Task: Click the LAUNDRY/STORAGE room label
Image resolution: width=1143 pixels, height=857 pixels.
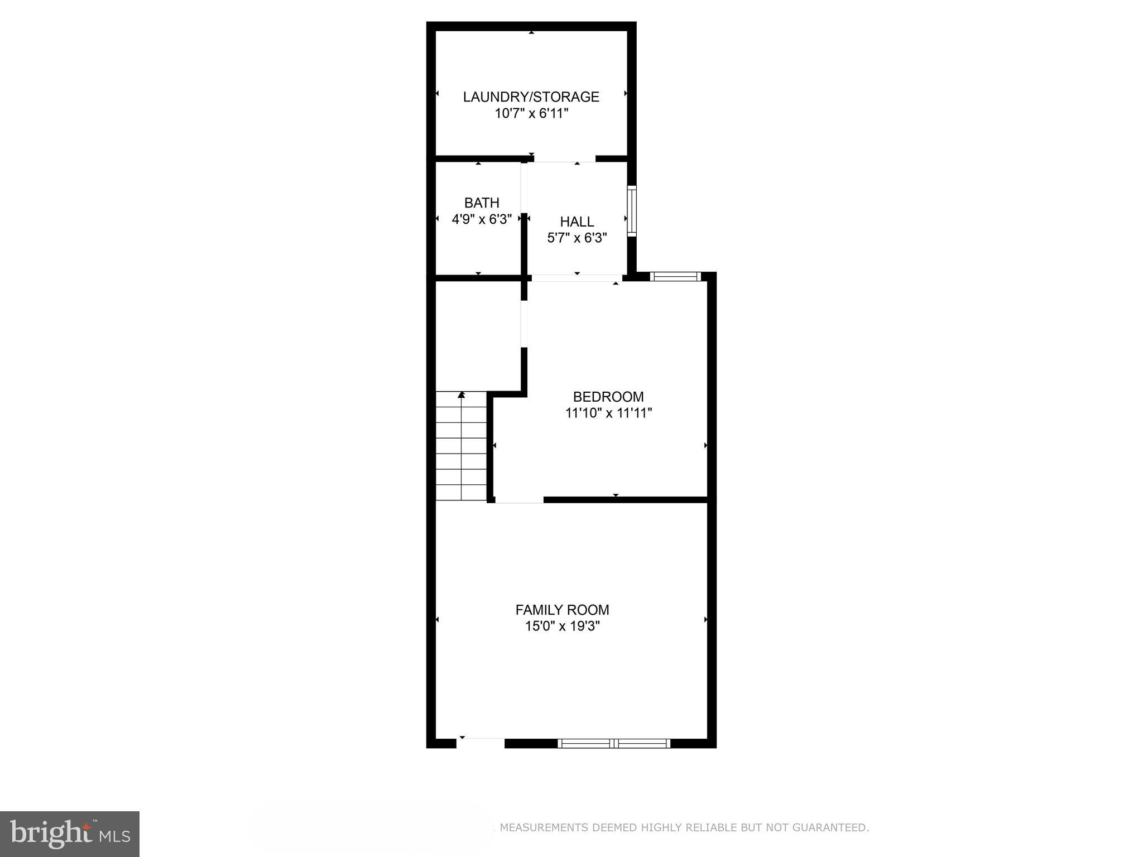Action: coord(531,97)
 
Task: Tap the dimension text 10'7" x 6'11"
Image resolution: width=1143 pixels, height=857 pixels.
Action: coord(531,113)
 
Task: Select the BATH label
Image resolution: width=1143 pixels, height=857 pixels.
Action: coord(482,203)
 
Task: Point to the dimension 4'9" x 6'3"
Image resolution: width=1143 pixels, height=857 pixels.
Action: coord(482,219)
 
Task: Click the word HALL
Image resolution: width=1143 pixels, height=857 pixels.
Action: coord(577,222)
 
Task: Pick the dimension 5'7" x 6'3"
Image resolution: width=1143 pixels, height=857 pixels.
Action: coord(577,238)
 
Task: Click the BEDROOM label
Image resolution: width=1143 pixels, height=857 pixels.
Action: coord(608,397)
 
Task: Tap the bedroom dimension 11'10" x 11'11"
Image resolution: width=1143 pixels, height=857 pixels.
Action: coord(608,413)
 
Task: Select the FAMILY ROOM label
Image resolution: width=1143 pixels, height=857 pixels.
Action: coord(562,610)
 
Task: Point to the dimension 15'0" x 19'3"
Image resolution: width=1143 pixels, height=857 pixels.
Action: coord(562,627)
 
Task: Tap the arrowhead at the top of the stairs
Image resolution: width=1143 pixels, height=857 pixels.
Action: coord(462,395)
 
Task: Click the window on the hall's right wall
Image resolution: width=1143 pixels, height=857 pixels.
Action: coord(632,211)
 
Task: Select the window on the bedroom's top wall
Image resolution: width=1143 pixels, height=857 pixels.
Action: coord(675,276)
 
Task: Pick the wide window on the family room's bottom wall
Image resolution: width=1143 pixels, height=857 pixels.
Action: coord(614,743)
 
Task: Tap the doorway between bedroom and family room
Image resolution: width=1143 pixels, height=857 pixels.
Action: coord(519,500)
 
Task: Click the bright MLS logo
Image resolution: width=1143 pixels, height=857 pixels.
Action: coord(70,834)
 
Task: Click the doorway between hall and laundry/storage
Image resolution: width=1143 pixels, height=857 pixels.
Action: coord(564,159)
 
